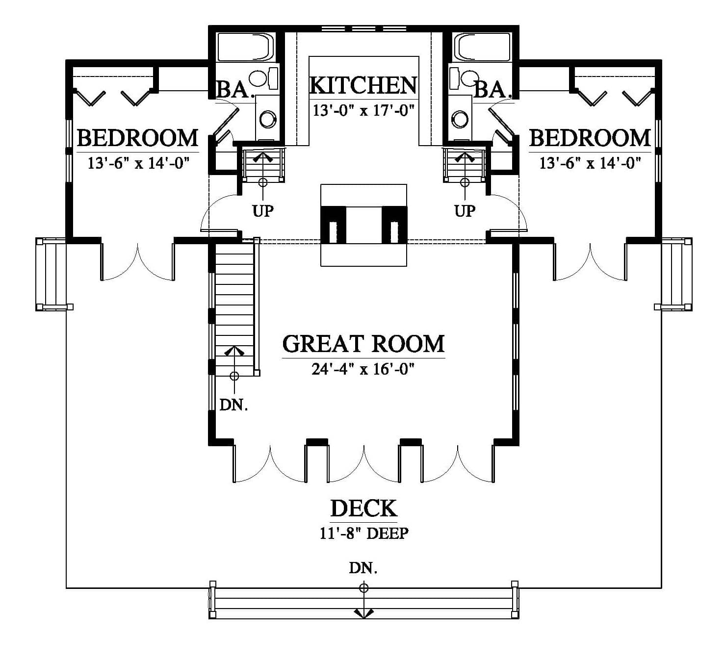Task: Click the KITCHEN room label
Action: pyautogui.click(x=363, y=86)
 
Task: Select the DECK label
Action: pyautogui.click(x=363, y=508)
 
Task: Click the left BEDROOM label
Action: pyautogui.click(x=138, y=138)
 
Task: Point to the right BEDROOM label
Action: pyautogui.click(x=590, y=138)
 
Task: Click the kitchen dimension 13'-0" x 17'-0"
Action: pyautogui.click(x=363, y=110)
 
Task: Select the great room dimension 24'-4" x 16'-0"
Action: pyautogui.click(x=363, y=369)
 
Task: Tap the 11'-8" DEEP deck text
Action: pyautogui.click(x=364, y=533)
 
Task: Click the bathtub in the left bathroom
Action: pyautogui.click(x=246, y=47)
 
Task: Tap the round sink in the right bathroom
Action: pyautogui.click(x=460, y=119)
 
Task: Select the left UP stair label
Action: pyautogui.click(x=263, y=211)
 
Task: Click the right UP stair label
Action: pyautogui.click(x=465, y=211)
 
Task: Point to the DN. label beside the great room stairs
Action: pyautogui.click(x=234, y=405)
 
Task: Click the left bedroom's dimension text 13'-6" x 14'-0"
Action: pyautogui.click(x=138, y=163)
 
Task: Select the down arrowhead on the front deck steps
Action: pyautogui.click(x=363, y=613)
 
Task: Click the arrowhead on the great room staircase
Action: pyautogui.click(x=234, y=351)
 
